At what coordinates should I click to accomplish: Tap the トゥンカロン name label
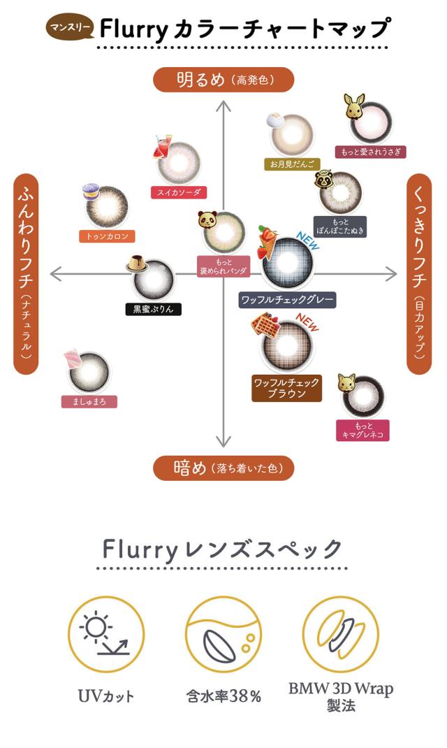107,236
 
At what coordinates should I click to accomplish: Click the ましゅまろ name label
89,401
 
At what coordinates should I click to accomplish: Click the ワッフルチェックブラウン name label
286,388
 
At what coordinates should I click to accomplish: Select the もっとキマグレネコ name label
362,430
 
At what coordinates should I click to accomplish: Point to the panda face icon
208,220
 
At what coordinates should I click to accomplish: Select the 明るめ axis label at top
223,80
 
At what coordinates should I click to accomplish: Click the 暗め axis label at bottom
223,468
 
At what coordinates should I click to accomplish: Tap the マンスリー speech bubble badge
68,28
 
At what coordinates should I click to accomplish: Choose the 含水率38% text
223,696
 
